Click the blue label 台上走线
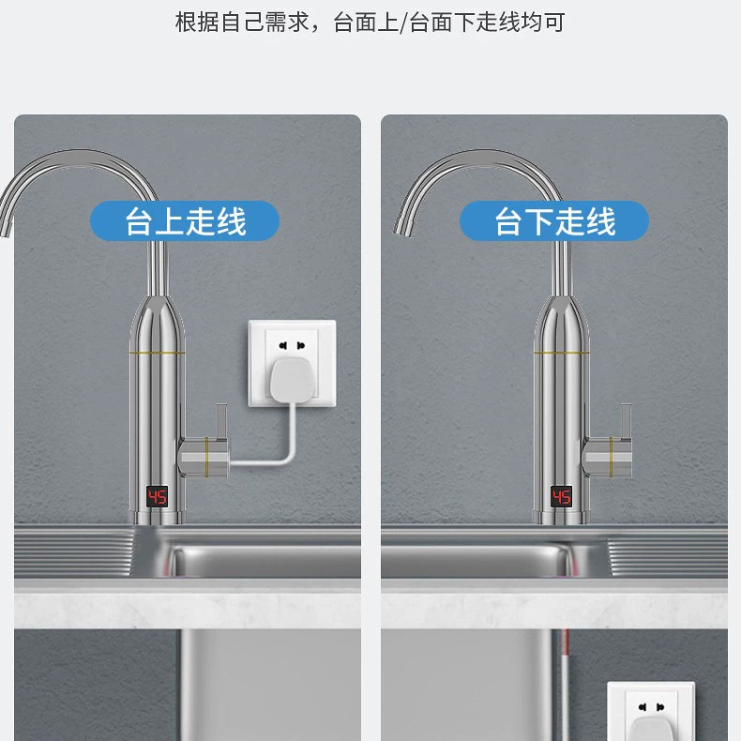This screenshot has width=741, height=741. pyautogui.click(x=185, y=220)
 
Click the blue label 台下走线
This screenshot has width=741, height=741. pyautogui.click(x=553, y=220)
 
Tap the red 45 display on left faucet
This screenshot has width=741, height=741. pyautogui.click(x=157, y=497)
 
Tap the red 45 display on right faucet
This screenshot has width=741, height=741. pyautogui.click(x=562, y=497)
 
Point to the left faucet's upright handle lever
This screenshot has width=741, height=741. pyautogui.click(x=221, y=421)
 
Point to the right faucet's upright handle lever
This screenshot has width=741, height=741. pyautogui.click(x=627, y=421)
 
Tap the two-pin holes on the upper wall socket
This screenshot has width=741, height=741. pyautogui.click(x=292, y=346)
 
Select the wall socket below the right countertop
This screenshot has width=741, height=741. pyautogui.click(x=651, y=711)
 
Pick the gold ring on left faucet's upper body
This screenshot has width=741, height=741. pyautogui.click(x=157, y=353)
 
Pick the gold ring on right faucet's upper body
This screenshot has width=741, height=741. pyautogui.click(x=562, y=353)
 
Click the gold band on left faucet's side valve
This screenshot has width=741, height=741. pyautogui.click(x=206, y=457)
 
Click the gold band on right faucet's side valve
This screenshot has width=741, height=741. pyautogui.click(x=611, y=457)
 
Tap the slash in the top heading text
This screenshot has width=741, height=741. pyautogui.click(x=403, y=23)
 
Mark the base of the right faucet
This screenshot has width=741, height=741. pyautogui.click(x=562, y=517)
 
